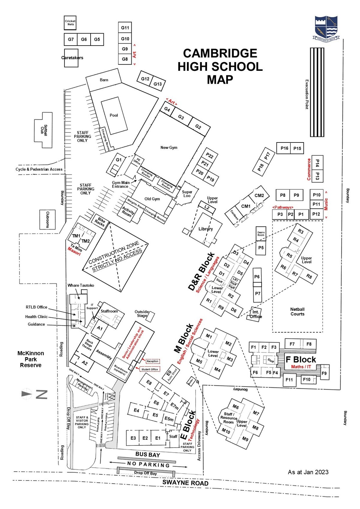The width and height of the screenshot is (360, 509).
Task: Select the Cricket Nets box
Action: pyautogui.click(x=70, y=23)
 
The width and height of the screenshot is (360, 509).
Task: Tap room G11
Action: pyautogui.click(x=125, y=28)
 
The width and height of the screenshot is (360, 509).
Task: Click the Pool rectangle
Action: pyautogui.click(x=114, y=115)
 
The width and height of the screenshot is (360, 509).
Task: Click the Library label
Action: pyautogui.click(x=205, y=229)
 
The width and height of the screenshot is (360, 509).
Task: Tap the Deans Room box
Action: pyautogui.click(x=261, y=234)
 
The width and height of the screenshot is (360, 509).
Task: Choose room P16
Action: pyautogui.click(x=284, y=148)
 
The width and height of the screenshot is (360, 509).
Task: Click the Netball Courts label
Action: pyautogui.click(x=297, y=312)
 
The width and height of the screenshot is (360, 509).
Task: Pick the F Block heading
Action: pyautogui.click(x=301, y=360)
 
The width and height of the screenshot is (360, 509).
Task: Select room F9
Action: pyautogui.click(x=324, y=373)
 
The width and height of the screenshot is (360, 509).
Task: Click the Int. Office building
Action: pyautogui.click(x=255, y=314)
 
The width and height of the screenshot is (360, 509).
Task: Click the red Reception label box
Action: pyautogui.click(x=152, y=361)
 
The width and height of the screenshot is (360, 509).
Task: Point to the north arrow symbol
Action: pyautogui.click(x=27, y=394)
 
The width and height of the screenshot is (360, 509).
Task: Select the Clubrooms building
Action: pyautogui.click(x=47, y=220)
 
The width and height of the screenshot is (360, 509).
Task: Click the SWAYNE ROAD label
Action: pyautogui.click(x=185, y=483)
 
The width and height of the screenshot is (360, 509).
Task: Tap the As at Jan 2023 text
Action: pyautogui.click(x=308, y=472)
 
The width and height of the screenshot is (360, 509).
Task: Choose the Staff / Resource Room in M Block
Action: pyautogui.click(x=229, y=418)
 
